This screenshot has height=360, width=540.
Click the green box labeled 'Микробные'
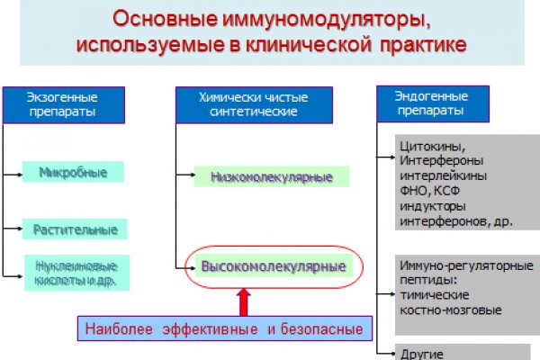(74, 171)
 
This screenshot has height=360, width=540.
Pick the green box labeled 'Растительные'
(74, 229)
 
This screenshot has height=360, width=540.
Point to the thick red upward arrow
(242, 301)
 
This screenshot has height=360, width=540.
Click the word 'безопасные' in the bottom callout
(321, 328)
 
